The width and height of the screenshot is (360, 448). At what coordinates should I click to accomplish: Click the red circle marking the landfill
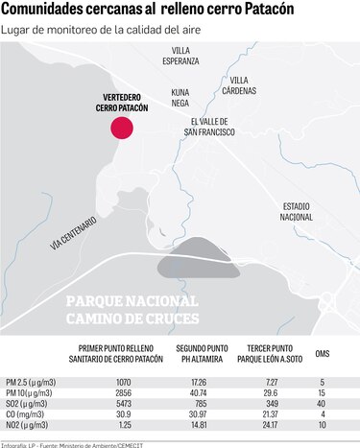pyautogui.click(x=122, y=129)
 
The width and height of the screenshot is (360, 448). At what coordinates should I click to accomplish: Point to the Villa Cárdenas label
pyautogui.click(x=243, y=85)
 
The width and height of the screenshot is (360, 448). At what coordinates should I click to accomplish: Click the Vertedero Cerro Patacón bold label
pyautogui.click(x=122, y=104)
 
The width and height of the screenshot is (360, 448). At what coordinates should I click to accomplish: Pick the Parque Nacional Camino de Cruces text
pyautogui.click(x=132, y=309)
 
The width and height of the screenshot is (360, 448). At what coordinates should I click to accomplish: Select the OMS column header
pyautogui.click(x=323, y=354)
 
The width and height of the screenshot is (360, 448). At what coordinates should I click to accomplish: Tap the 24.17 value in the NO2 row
pyautogui.click(x=273, y=425)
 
